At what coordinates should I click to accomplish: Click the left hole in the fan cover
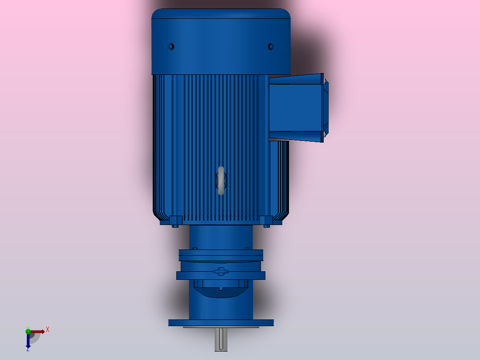pyautogui.click(x=171, y=46)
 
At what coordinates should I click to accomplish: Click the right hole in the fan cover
pyautogui.click(x=270, y=46)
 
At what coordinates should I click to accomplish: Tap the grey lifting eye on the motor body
pyautogui.click(x=221, y=180)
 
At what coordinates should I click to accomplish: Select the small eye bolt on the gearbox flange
pyautogui.click(x=221, y=271)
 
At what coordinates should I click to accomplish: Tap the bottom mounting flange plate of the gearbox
pyautogui.click(x=221, y=323)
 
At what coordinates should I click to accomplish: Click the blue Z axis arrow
pyautogui.click(x=28, y=341)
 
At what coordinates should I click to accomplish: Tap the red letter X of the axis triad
pyautogui.click(x=47, y=330)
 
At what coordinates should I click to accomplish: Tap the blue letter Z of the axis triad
pyautogui.click(x=28, y=350)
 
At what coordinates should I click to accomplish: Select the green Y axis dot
pyautogui.click(x=28, y=330)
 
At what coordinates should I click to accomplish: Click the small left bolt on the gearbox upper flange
pyautogui.click(x=195, y=248)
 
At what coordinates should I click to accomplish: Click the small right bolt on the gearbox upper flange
pyautogui.click(x=247, y=248)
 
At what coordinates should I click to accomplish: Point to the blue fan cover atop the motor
pyautogui.click(x=221, y=42)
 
